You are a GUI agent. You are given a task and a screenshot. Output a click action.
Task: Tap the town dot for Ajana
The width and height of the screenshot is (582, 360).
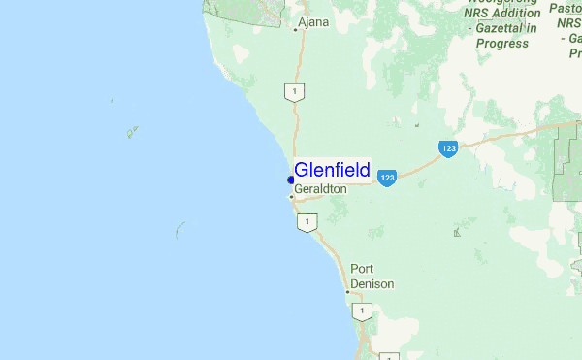click(296, 29)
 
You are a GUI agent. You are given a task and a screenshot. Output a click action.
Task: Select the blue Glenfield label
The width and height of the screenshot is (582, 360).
click(331, 170)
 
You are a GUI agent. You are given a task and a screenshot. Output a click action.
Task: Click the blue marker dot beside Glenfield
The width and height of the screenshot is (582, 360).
click(290, 180)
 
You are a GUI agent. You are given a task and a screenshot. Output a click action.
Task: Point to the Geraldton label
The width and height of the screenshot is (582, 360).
click(320, 188)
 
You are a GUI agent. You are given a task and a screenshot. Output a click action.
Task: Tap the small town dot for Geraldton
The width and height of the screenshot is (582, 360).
click(291, 197)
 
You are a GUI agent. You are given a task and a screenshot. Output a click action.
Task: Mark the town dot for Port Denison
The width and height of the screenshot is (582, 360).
click(347, 290)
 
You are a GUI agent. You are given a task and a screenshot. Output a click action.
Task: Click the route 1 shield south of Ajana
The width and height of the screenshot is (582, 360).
click(295, 92)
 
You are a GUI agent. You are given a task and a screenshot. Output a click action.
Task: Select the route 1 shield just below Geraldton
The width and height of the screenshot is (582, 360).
click(307, 223)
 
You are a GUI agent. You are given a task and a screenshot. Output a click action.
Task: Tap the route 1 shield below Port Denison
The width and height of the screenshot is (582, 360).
click(361, 311)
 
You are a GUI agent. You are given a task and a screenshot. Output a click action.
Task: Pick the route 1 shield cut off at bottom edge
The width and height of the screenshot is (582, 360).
click(387, 356)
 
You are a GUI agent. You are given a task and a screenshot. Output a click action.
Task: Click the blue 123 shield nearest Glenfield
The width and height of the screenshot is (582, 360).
click(387, 179)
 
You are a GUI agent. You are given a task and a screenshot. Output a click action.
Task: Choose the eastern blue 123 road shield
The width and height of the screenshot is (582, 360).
click(447, 149)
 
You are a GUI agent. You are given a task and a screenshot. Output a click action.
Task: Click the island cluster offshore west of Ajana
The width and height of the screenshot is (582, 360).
click(132, 131)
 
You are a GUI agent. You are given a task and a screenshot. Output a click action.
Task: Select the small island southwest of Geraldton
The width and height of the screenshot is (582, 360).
click(179, 230)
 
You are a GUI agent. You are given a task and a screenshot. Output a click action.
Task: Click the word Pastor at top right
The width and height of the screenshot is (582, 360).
click(566, 8)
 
